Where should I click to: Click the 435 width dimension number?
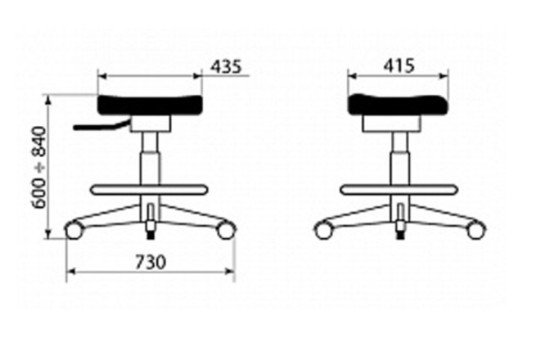click(x=226, y=66)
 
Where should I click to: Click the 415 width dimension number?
click(x=399, y=65)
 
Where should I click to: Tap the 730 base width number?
click(x=151, y=263)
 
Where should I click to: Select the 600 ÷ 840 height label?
click(x=38, y=168)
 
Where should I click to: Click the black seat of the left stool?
click(x=150, y=105)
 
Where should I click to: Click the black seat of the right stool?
click(x=399, y=104)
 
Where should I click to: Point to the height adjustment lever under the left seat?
click(x=101, y=126)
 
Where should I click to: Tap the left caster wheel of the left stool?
click(x=74, y=231)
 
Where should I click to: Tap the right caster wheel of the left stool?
click(x=225, y=230)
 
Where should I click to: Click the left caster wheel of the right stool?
click(x=323, y=231)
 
